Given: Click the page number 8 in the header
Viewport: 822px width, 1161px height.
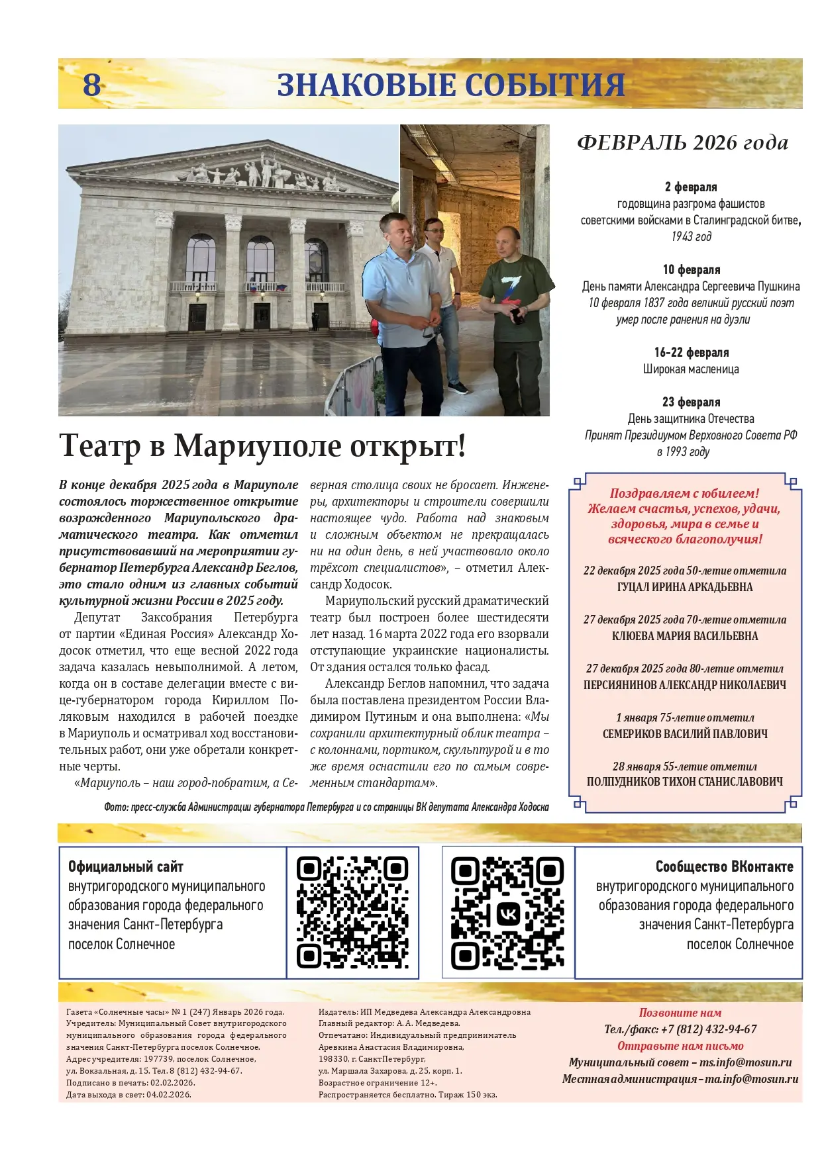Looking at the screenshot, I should [92, 85].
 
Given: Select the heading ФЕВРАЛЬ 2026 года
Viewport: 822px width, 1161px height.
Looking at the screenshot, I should [682, 142].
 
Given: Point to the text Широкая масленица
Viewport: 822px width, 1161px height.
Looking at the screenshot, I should [691, 369].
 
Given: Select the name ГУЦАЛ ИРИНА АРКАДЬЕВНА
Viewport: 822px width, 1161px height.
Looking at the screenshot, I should [685, 587].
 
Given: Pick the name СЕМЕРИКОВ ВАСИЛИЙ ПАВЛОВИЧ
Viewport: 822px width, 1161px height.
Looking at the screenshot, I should [685, 733].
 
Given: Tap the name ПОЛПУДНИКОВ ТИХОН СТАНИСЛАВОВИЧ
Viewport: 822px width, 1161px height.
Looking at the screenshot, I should [685, 782].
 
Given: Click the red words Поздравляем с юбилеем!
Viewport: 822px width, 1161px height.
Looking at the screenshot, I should [684, 493].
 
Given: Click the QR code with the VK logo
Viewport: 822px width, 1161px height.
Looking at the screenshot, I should [507, 912].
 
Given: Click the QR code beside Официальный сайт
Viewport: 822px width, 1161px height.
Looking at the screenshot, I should [352, 912].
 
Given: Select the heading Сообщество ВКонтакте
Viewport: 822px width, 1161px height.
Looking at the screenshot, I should [724, 866].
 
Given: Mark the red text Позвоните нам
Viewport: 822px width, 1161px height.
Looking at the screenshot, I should [680, 1013].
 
